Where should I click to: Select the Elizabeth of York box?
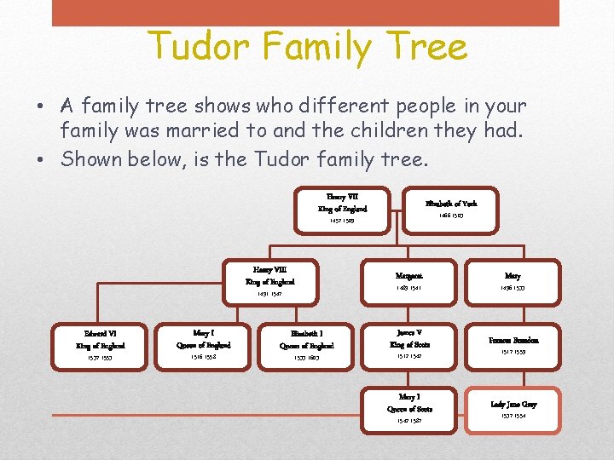[451, 209]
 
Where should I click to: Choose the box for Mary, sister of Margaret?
[513, 281]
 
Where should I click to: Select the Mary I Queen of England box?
[204, 345]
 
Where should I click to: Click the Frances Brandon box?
[513, 344]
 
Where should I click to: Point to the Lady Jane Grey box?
[513, 409]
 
